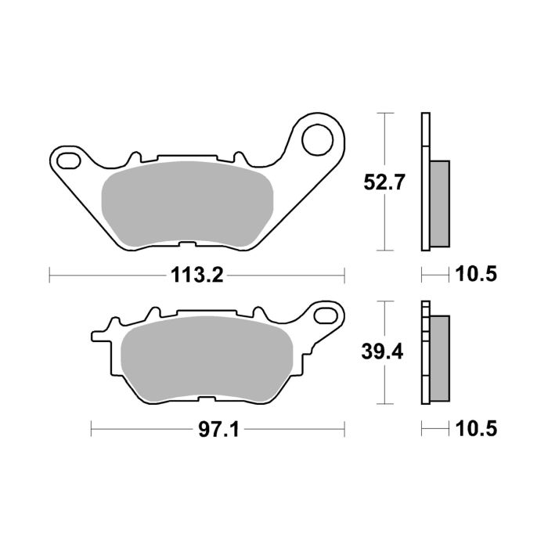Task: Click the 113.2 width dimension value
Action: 196,275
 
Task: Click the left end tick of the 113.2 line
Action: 50,275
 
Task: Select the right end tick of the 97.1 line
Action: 344,429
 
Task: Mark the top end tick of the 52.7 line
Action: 384,114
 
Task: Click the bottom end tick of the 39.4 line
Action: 384,405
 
